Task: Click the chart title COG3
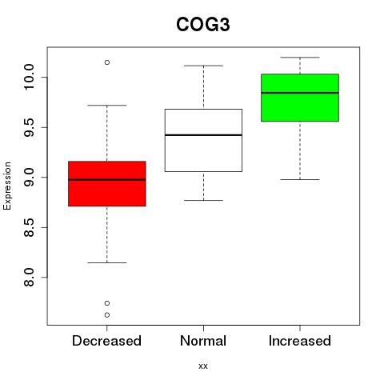click(x=203, y=25)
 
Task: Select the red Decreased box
click(x=107, y=184)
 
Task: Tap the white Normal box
click(x=203, y=140)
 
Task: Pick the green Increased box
click(x=300, y=98)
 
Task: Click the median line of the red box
click(x=107, y=180)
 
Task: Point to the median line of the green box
click(x=300, y=93)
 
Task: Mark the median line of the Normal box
click(x=203, y=135)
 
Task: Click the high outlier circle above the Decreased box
click(x=107, y=62)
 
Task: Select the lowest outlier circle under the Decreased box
click(x=107, y=315)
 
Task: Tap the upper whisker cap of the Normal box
click(x=203, y=66)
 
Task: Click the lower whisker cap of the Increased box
click(x=300, y=179)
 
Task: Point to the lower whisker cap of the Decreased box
click(x=107, y=262)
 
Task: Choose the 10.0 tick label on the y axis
click(x=29, y=78)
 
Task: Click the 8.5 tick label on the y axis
click(x=29, y=227)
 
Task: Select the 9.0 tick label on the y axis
click(x=29, y=178)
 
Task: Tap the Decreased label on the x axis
click(x=106, y=341)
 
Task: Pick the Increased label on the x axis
click(x=300, y=341)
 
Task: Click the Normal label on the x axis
click(x=203, y=341)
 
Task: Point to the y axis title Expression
click(x=7, y=186)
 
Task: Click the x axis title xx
click(x=203, y=366)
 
